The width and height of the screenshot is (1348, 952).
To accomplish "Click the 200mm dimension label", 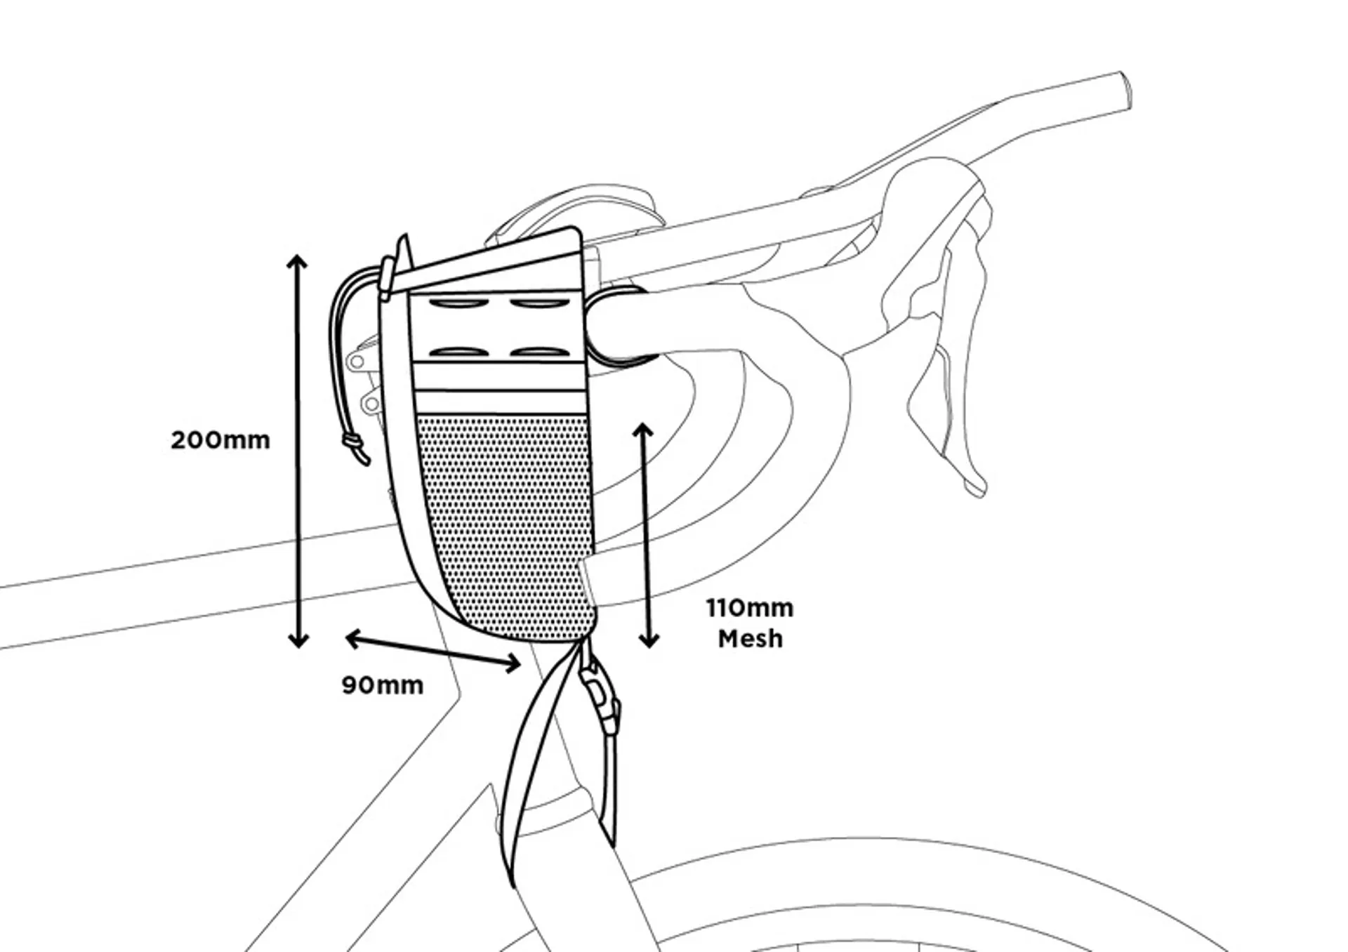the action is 220,440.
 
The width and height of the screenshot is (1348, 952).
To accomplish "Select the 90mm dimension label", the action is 383,685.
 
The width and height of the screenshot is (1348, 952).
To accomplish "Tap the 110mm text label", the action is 750,608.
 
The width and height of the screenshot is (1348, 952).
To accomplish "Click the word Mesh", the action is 750,639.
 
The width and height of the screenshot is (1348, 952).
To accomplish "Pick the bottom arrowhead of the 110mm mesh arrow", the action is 649,640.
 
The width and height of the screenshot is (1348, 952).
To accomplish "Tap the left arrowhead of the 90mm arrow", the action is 353,637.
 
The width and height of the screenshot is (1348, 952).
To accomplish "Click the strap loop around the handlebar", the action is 618,326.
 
